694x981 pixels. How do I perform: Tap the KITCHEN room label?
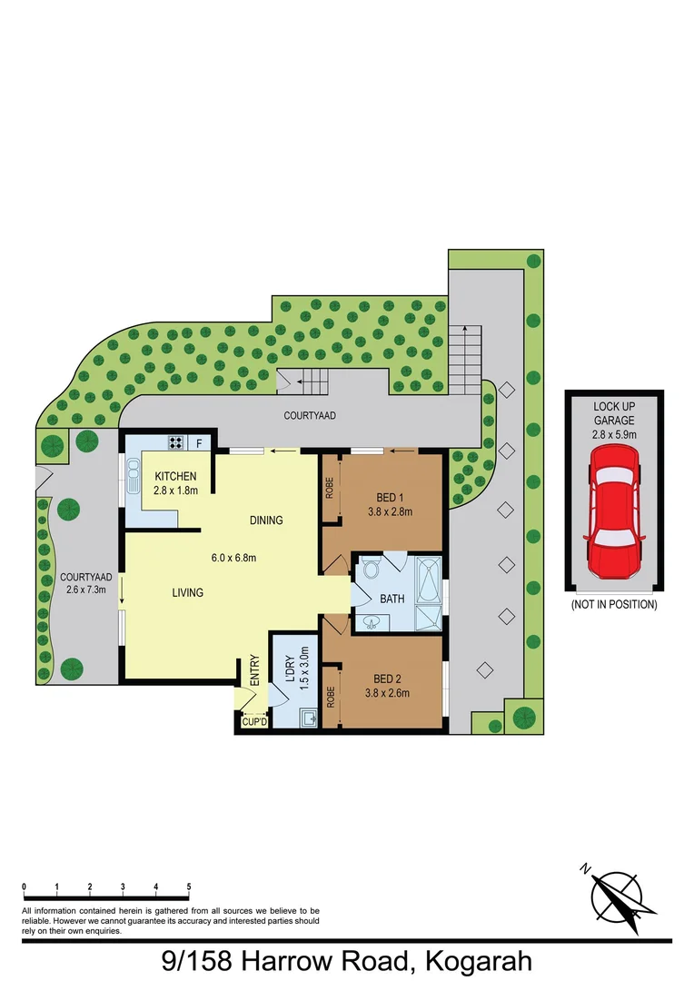tap(175, 477)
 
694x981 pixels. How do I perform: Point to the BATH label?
tap(392, 599)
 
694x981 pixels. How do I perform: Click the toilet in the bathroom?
tap(370, 570)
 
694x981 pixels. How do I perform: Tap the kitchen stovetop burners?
tap(175, 443)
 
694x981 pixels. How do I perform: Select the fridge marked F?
tap(200, 443)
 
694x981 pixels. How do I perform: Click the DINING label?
tap(267, 520)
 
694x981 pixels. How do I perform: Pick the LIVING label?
tap(187, 593)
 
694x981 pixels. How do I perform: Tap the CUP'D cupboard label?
tap(253, 722)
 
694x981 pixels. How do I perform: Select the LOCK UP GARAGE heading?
tap(614, 414)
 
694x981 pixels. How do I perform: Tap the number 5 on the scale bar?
tap(189, 886)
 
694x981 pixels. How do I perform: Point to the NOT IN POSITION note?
tap(614, 604)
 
